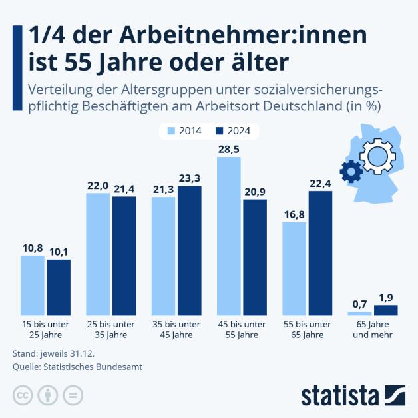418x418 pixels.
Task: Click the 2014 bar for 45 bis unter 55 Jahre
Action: (x=228, y=236)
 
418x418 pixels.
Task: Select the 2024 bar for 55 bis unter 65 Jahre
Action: (x=319, y=253)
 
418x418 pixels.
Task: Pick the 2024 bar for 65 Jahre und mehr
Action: (x=385, y=310)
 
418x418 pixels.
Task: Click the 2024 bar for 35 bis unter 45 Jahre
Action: (x=189, y=250)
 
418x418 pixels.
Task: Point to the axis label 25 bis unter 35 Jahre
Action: (x=110, y=329)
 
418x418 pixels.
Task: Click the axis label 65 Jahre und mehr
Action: (x=372, y=329)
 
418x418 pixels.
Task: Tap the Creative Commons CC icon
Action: (x=23, y=395)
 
